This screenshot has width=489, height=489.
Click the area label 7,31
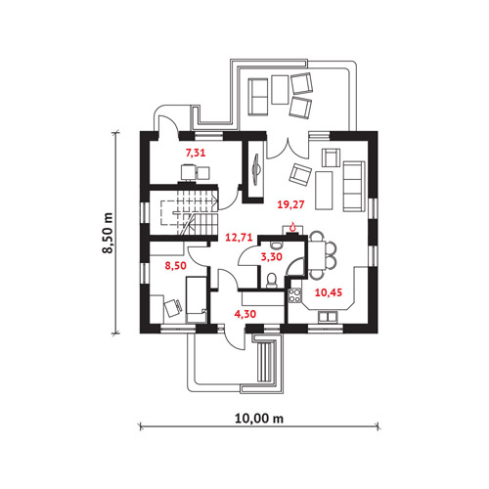pos(196,153)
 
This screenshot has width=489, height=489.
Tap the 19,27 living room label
pos(290,204)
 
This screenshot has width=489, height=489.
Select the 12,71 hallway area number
pos(239,238)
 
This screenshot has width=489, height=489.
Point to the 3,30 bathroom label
pos(272,257)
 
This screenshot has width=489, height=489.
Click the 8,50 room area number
pos(175,266)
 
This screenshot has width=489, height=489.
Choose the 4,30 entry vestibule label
pos(245,314)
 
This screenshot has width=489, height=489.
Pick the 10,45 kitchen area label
pos(329,292)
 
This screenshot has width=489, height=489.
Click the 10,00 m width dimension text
pos(259,419)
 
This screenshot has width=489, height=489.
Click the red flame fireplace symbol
pos(292,226)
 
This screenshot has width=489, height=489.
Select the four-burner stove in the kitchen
pos(294,295)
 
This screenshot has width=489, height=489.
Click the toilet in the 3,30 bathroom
pos(271,281)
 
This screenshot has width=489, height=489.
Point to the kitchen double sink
pos(328,317)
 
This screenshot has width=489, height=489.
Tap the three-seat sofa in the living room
pos(353,186)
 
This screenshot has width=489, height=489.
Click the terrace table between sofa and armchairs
pos(280,90)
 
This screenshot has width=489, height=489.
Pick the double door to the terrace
pos(288,149)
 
